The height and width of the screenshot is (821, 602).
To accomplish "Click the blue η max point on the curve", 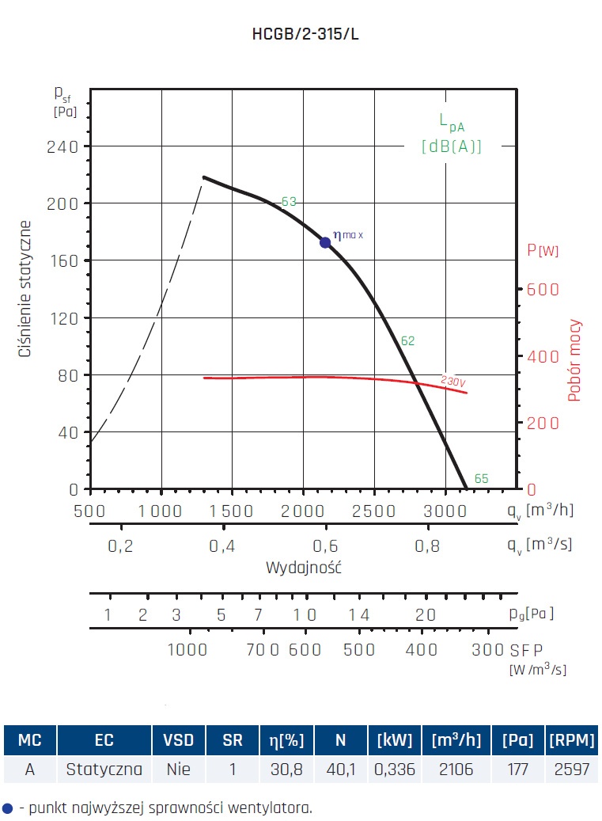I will tap(325, 242).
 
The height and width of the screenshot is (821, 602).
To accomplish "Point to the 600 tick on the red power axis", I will tap(543, 290).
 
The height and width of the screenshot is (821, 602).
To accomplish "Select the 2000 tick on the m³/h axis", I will tap(304, 511).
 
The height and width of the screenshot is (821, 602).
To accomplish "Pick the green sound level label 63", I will tap(289, 202).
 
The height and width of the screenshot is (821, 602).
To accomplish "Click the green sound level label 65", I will tap(481, 479).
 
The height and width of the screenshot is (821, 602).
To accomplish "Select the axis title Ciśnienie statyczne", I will tap(25, 289).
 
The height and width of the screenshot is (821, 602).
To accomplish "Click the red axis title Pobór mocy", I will tap(575, 360).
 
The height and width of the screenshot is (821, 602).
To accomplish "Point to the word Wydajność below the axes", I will tap(303, 568).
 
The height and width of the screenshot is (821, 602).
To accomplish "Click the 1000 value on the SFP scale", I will tap(188, 650).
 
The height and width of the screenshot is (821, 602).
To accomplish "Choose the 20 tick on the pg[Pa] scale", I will tap(426, 615).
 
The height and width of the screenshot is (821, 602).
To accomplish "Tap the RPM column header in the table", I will tap(571, 741).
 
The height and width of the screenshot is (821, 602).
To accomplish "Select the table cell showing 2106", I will tap(456, 769).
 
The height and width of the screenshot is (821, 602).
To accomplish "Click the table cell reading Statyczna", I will tap(104, 769).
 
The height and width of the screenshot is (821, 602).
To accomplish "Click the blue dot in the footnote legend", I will tap(8, 808).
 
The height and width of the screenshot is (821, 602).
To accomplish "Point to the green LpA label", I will tap(452, 122).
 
